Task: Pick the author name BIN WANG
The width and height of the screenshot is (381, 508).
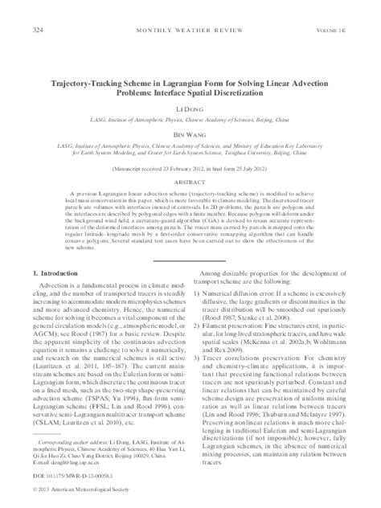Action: (190, 115)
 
